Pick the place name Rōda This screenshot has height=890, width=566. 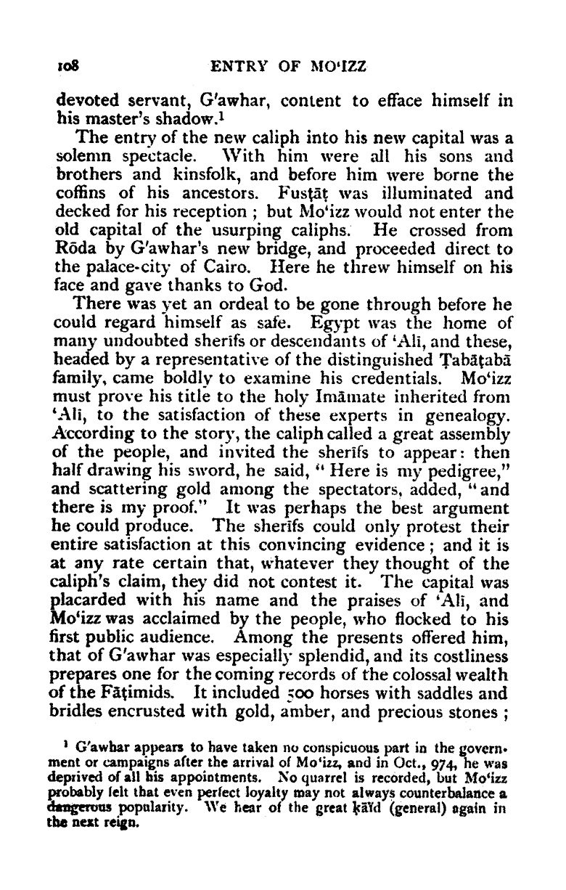pyautogui.click(x=73, y=248)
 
